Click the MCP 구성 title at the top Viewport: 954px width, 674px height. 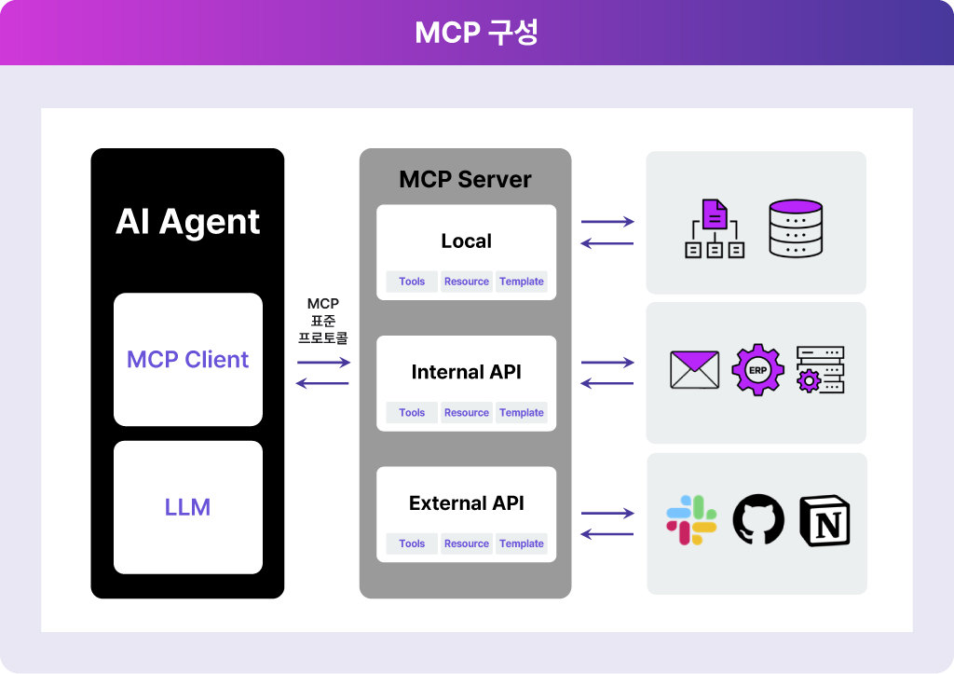tap(476, 33)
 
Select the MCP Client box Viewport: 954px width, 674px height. tap(188, 359)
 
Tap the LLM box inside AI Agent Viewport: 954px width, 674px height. tap(188, 507)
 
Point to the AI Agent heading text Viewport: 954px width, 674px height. tap(187, 222)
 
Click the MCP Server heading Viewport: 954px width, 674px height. tap(465, 179)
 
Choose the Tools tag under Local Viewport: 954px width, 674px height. tap(412, 282)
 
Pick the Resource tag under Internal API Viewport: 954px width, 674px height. tap(467, 412)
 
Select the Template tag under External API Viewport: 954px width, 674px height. tap(522, 543)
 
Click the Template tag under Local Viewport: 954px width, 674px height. tap(522, 282)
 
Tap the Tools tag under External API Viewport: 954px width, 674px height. tap(412, 543)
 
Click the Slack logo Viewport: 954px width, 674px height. tap(692, 520)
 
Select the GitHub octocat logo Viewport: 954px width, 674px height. tap(758, 519)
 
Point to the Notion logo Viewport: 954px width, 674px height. tap(825, 520)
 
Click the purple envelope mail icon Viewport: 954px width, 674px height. tap(694, 369)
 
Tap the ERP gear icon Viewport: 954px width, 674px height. tap(757, 369)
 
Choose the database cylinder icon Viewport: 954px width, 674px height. tap(796, 228)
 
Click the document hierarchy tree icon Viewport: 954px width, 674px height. tap(715, 228)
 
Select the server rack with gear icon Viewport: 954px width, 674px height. tap(820, 369)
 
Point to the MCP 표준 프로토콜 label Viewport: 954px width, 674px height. tap(323, 321)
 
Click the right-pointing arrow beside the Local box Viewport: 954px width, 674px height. tap(607, 222)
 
